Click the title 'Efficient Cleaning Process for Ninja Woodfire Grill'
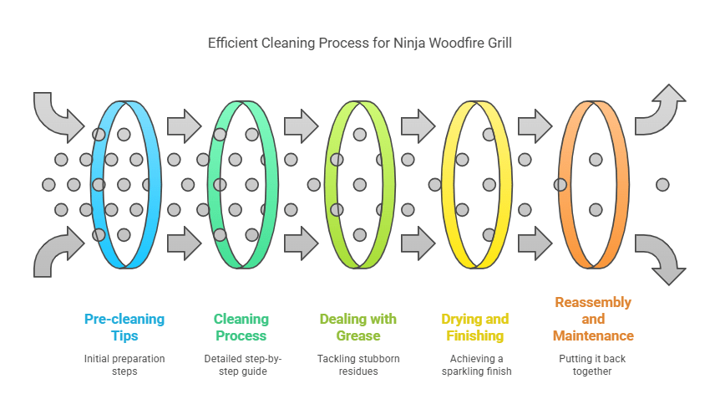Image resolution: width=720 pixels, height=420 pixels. [x=360, y=43]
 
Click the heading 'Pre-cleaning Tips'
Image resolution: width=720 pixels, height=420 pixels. [x=124, y=327]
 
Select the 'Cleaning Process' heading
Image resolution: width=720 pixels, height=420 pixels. [x=241, y=327]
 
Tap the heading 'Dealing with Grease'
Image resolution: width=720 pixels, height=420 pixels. [x=358, y=327]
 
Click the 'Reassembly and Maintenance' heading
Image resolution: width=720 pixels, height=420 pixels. [x=593, y=319]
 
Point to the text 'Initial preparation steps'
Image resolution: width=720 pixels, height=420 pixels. [x=124, y=365]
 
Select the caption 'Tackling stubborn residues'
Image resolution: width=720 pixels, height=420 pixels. [x=358, y=365]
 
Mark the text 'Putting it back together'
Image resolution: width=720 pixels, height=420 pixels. [x=592, y=365]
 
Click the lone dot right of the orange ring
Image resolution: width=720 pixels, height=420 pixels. [x=662, y=184]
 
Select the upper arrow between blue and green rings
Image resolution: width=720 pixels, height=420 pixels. [x=184, y=126]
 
